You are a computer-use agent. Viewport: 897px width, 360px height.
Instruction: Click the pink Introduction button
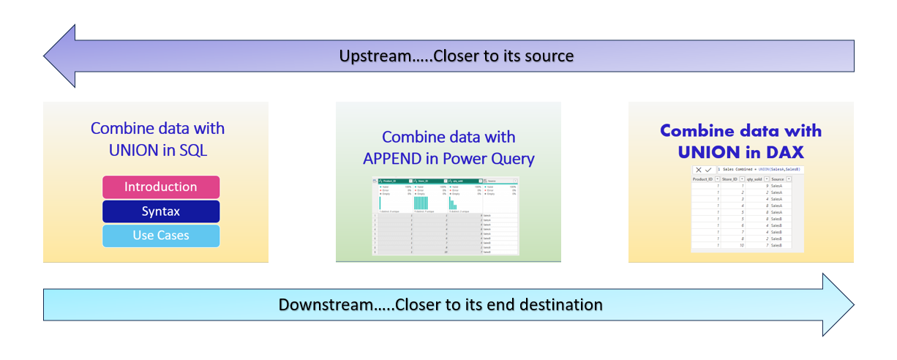tap(160, 187)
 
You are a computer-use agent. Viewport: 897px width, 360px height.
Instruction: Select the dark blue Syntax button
tap(160, 211)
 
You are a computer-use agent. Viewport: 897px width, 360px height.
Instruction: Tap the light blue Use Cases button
tap(160, 236)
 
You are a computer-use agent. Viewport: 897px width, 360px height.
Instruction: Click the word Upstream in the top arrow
tap(370, 56)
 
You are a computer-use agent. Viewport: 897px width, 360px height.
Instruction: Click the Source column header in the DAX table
tap(778, 179)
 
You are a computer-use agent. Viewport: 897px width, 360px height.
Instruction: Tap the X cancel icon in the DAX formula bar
tap(699, 169)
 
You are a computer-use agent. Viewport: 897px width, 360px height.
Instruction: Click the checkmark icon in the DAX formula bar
tap(708, 169)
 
